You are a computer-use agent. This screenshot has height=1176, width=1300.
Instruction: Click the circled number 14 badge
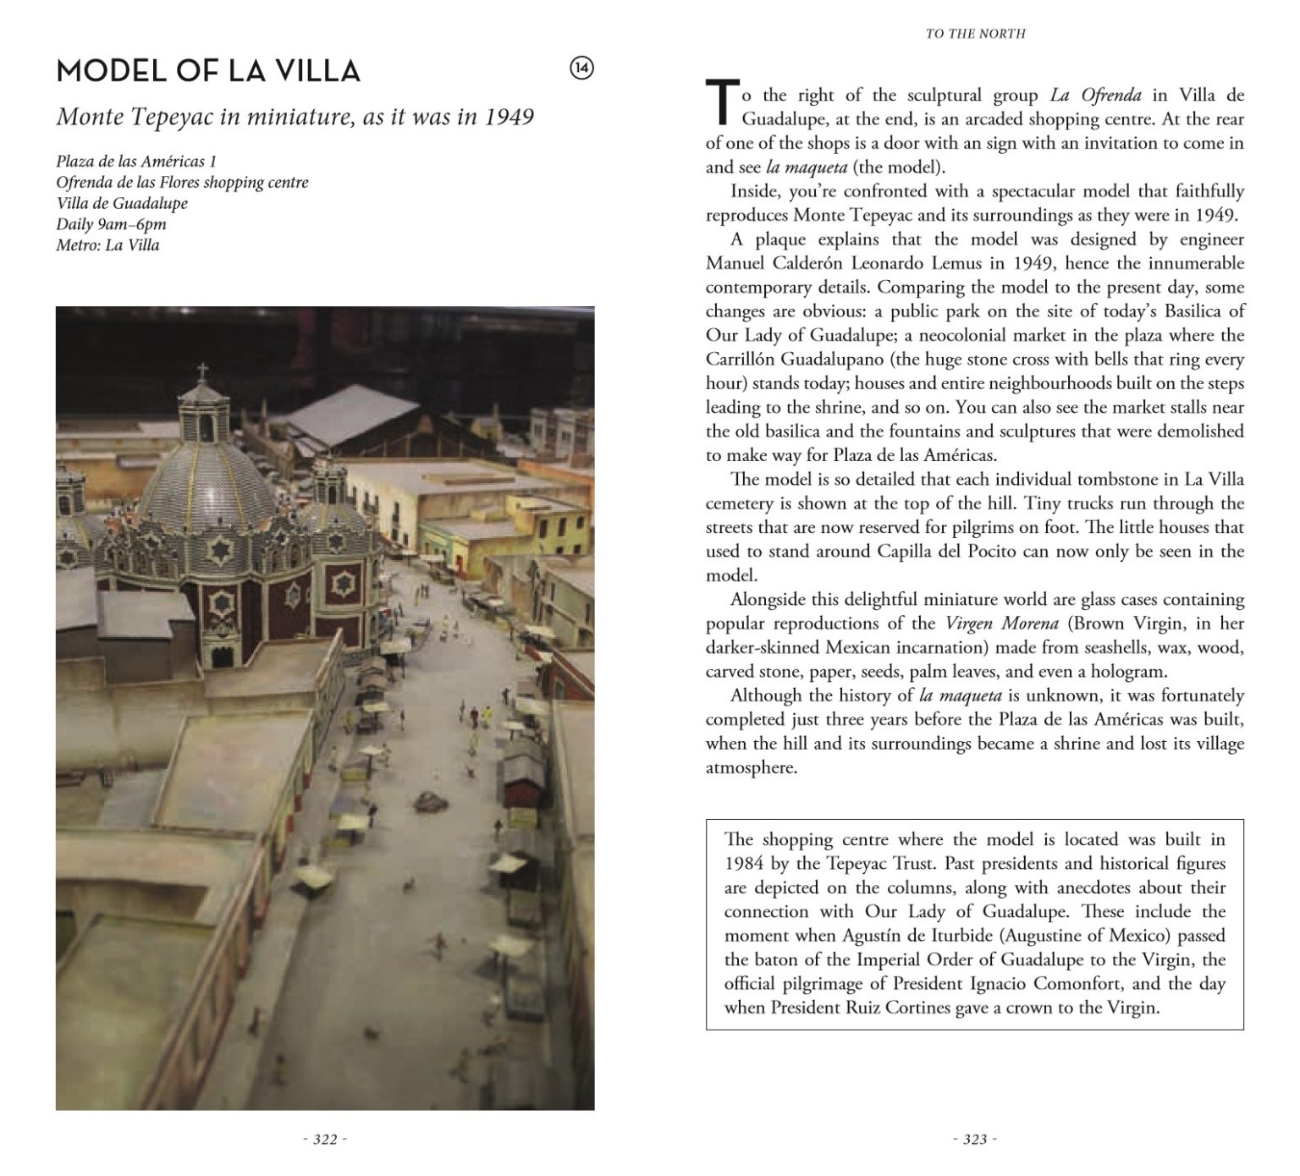[x=582, y=69]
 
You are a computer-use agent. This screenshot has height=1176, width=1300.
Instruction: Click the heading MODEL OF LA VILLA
[x=208, y=71]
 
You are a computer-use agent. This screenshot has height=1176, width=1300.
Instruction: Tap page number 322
[x=325, y=1140]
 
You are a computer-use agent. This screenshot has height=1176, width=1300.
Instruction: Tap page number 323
[x=975, y=1140]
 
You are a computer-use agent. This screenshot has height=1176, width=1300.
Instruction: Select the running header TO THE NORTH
[x=975, y=34]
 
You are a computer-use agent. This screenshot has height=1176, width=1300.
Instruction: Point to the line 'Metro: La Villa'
[x=107, y=245]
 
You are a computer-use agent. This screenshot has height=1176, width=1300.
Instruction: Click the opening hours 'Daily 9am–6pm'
[x=111, y=224]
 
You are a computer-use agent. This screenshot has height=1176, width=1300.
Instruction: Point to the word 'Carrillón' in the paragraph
[x=741, y=359]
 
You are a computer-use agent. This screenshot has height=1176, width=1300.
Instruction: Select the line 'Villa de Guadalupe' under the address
[x=122, y=203]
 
